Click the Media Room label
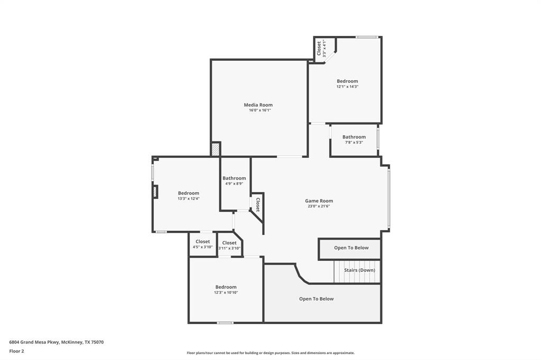pos(258,105)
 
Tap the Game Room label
pos(319,201)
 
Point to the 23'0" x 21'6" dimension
pos(319,206)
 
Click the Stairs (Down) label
pos(359,270)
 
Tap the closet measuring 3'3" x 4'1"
pos(319,49)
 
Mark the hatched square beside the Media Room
pos(215,149)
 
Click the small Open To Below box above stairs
pos(351,248)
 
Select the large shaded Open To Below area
pos(316,299)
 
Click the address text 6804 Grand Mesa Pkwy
pos(57,342)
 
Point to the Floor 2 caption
pos(16,351)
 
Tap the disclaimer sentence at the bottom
pos(270,353)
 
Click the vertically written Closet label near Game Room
pos(258,204)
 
